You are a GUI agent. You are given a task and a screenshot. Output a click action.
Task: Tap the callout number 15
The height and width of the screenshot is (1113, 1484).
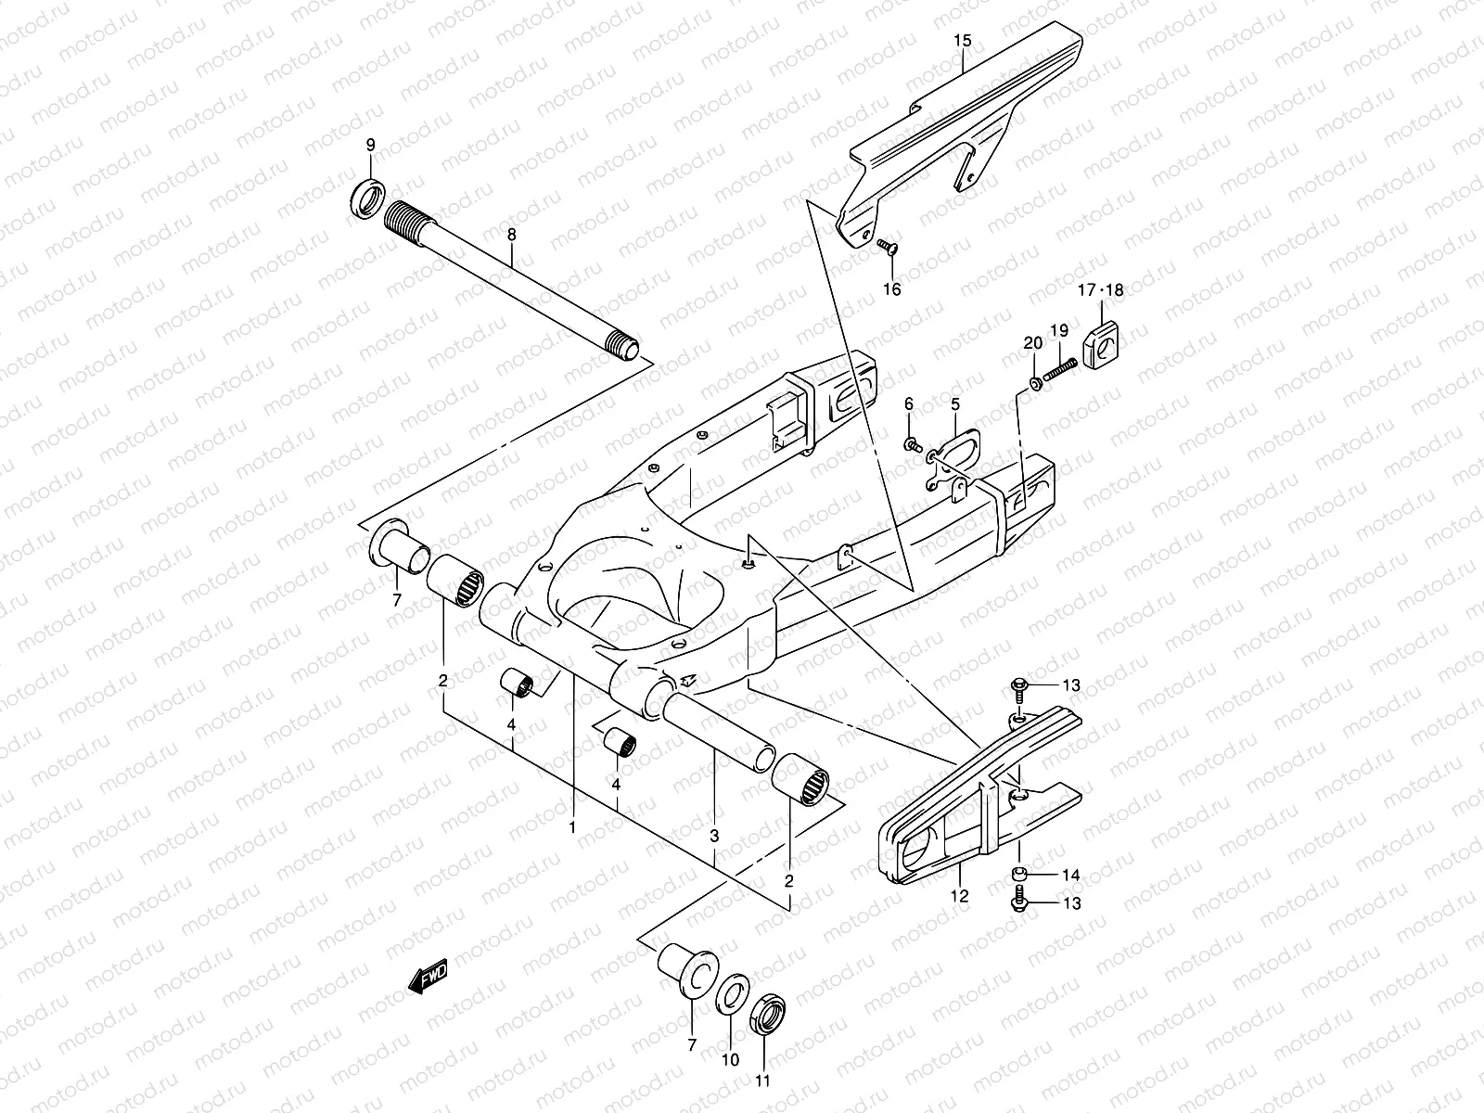point(962,41)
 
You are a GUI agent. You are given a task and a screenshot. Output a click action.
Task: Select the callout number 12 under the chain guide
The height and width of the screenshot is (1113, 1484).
point(959,896)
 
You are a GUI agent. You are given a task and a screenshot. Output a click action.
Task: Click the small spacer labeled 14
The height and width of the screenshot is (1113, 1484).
point(1021,875)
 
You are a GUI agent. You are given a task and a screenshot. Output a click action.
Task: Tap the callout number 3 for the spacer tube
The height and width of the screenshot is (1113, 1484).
point(714,836)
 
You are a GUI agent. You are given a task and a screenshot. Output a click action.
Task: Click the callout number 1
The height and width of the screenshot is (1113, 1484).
point(572,825)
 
